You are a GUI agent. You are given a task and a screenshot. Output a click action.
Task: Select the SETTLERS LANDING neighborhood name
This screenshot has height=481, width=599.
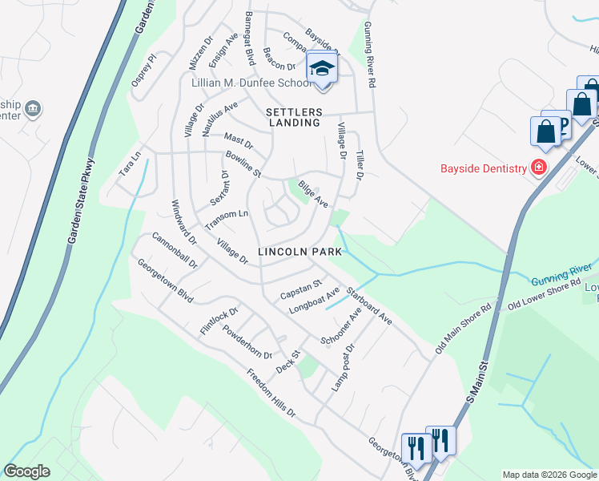click(295, 117)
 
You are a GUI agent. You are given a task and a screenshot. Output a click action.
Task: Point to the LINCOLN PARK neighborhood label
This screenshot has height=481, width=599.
click(300, 252)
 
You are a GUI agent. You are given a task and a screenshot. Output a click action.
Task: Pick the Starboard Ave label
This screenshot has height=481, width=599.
click(368, 305)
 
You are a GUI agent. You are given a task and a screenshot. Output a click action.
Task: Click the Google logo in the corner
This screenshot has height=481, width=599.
click(26, 471)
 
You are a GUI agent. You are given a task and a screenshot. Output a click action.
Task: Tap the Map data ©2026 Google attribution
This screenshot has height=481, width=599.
click(549, 475)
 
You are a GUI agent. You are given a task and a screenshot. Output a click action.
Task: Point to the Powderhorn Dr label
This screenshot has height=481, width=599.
click(248, 342)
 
